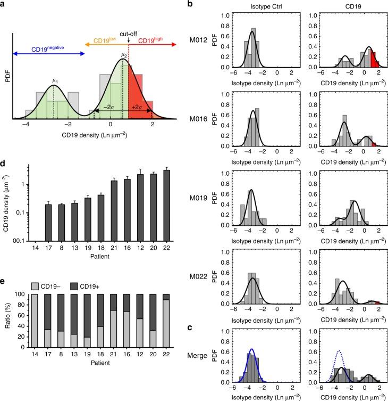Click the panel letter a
tap(4, 5)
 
